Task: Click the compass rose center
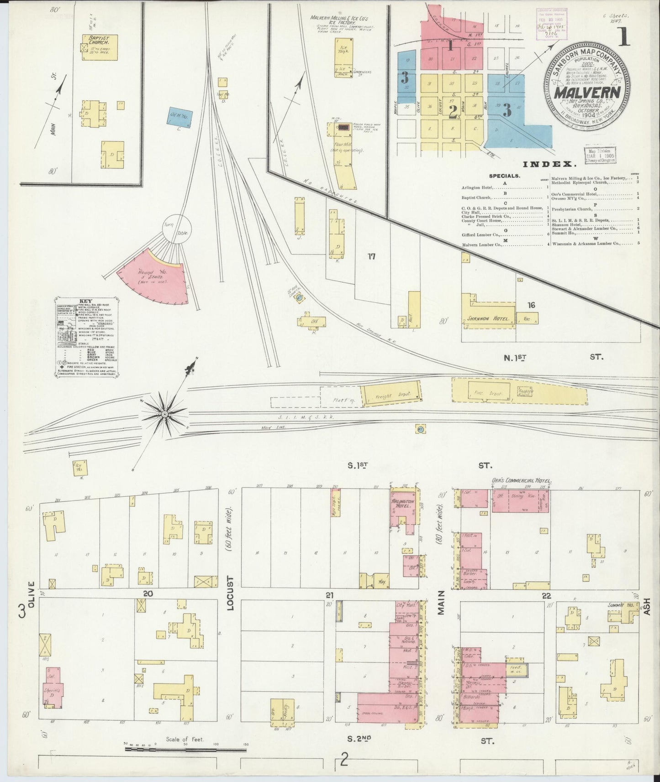[x=164, y=413]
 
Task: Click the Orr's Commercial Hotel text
[x=522, y=481]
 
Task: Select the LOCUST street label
[x=230, y=595]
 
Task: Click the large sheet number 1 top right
[x=622, y=37]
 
